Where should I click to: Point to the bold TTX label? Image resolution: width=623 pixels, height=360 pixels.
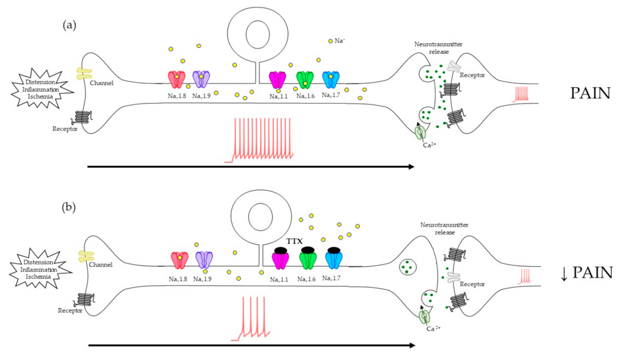pyautogui.click(x=295, y=241)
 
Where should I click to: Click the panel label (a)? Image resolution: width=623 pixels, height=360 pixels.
pyautogui.click(x=69, y=25)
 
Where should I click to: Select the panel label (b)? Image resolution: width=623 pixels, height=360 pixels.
pyautogui.click(x=69, y=207)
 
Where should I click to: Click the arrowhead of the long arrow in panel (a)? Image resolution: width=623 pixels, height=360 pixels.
pyautogui.click(x=411, y=167)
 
